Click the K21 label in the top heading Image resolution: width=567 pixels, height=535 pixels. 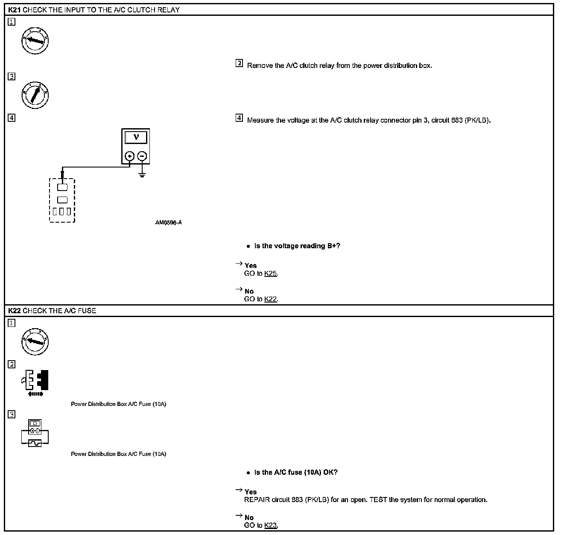[x=15, y=10]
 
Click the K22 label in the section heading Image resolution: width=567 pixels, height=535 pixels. [x=15, y=311]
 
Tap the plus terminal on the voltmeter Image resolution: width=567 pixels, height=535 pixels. [x=130, y=156]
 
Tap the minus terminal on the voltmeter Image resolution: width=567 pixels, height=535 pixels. [x=142, y=156]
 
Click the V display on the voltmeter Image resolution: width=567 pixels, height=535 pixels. [x=136, y=138]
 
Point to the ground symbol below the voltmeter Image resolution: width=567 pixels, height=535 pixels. [x=142, y=174]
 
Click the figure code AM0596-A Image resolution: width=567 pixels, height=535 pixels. [x=169, y=223]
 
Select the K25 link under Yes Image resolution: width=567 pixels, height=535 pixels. [x=271, y=273]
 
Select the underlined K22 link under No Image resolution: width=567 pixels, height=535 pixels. [x=271, y=299]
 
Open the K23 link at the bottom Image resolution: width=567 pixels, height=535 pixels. [x=271, y=525]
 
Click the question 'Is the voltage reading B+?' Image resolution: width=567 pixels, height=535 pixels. [x=297, y=246]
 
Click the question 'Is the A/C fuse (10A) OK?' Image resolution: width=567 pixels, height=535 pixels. [x=296, y=472]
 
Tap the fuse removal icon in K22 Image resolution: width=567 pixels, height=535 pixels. [x=35, y=381]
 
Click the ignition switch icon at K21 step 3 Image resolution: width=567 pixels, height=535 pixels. [x=35, y=94]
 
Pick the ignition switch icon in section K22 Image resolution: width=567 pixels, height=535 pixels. [x=35, y=341]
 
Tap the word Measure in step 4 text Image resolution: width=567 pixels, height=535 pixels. [x=260, y=120]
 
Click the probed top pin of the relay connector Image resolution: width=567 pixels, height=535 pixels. [x=62, y=187]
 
